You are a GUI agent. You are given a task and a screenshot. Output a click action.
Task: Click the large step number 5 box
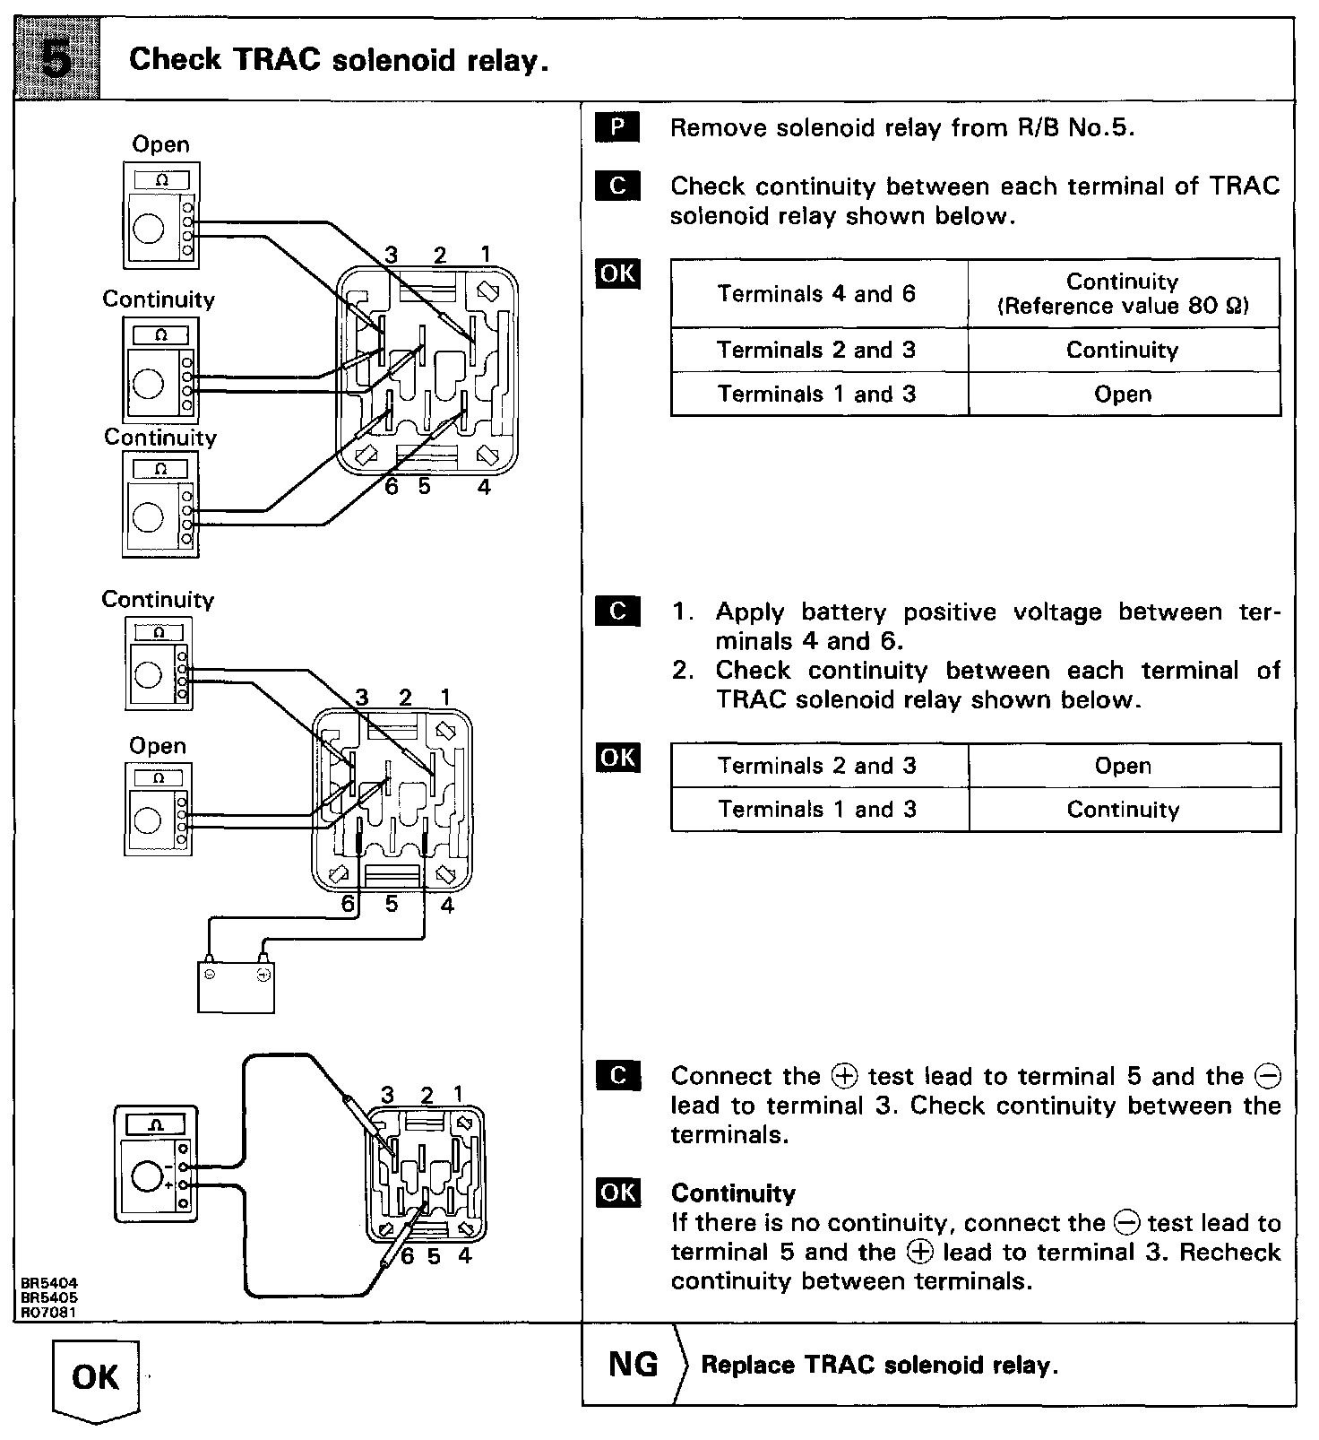tap(57, 59)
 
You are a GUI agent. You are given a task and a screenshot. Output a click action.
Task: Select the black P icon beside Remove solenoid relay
tap(617, 128)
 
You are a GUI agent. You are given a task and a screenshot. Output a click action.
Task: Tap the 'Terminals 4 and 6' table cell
tap(818, 294)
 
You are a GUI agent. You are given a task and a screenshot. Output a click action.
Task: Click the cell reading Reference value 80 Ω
tap(1124, 306)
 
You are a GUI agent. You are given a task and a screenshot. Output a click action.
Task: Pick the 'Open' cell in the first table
tap(1124, 395)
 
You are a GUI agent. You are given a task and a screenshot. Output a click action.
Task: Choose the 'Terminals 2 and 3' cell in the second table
tap(818, 766)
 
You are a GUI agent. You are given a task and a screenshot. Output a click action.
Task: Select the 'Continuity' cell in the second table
tap(1124, 810)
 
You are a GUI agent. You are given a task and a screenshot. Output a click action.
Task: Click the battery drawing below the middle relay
tap(236, 985)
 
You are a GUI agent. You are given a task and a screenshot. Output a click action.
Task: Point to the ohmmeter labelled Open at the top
tap(161, 215)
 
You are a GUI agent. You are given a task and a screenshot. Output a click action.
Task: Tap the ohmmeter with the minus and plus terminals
tap(156, 1163)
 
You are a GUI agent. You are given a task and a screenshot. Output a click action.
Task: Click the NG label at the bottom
tap(633, 1364)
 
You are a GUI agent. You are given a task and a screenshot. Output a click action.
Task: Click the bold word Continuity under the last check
tap(733, 1193)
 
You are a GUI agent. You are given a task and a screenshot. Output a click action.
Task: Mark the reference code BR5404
tap(49, 1284)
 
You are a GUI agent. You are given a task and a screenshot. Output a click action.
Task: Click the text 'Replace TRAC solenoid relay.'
tap(879, 1365)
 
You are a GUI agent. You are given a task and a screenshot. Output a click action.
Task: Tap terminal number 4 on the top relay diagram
tap(484, 487)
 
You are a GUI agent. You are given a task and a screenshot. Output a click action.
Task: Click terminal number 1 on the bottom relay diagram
tap(459, 1094)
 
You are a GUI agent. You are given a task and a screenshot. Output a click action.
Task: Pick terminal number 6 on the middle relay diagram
tap(348, 905)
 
